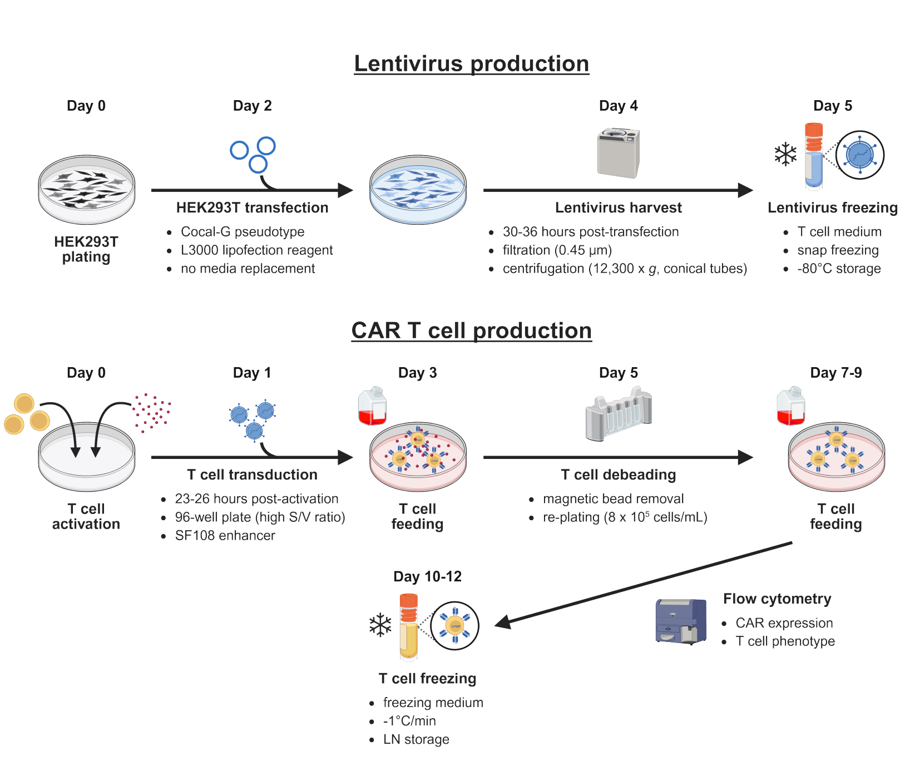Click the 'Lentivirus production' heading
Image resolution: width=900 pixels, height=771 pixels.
472,64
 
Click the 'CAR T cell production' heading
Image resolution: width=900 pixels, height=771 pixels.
472,331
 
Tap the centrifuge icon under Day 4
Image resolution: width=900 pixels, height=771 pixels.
619,153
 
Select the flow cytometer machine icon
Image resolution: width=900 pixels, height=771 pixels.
681,621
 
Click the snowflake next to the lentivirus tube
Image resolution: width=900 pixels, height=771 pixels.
786,154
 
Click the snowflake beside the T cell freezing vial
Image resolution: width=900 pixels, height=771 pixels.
380,625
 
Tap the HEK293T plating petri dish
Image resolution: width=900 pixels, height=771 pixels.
87,190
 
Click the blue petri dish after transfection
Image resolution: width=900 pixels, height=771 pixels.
418,190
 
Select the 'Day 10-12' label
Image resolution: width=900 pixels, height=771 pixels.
428,577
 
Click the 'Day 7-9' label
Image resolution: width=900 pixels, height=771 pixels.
836,373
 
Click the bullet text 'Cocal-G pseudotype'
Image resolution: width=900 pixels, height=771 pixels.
243,232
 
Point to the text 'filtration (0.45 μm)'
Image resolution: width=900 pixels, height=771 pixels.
557,250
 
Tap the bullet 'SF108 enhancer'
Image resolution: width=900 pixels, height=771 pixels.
225,536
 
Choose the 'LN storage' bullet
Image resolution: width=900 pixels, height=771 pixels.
416,739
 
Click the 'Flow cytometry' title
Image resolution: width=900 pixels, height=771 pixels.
777,599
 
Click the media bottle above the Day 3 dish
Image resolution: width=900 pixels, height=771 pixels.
373,406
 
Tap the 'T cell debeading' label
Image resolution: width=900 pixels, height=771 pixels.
619,475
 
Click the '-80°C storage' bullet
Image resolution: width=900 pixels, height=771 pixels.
839,269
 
